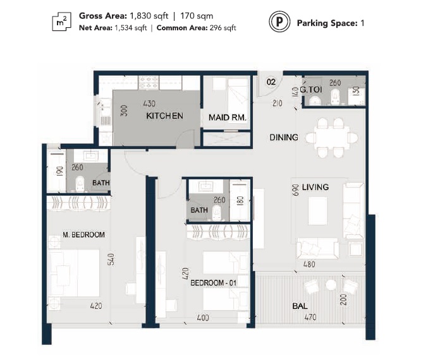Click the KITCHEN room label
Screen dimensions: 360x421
[x=164, y=116]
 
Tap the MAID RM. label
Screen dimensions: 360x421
[x=227, y=117]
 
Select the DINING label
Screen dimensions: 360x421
[x=283, y=137]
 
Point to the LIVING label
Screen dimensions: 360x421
[x=315, y=187]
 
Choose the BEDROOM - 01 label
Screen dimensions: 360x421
[x=213, y=283]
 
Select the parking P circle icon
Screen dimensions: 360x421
[x=278, y=23]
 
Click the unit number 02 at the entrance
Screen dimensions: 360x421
[x=271, y=81]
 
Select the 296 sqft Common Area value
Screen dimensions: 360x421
[x=224, y=28]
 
